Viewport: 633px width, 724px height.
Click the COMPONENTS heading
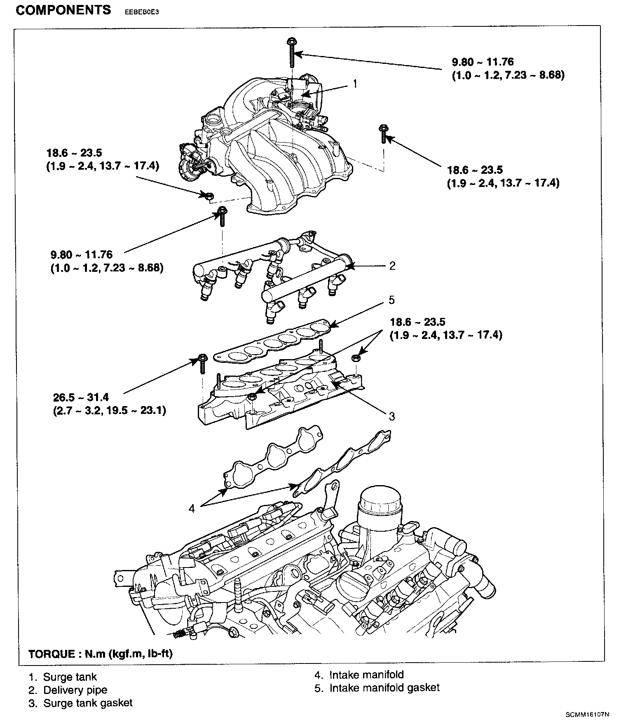tap(63, 10)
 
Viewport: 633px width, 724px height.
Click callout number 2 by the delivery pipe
tap(392, 266)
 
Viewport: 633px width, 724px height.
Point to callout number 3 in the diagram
tap(392, 416)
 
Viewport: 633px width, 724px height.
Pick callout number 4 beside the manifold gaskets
tap(192, 509)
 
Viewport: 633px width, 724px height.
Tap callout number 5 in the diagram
tap(392, 300)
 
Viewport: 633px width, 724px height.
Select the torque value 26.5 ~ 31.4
tap(81, 397)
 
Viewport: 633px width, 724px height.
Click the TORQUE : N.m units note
tap(101, 654)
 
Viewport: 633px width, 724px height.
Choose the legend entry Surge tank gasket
tap(81, 703)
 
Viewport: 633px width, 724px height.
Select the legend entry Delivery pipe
tap(68, 690)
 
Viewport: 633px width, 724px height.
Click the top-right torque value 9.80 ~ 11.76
tap(483, 62)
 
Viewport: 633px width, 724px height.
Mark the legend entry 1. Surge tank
tap(63, 677)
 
